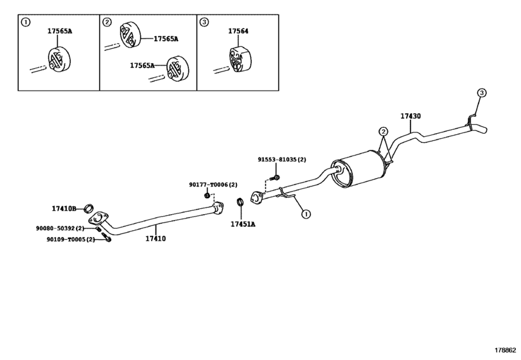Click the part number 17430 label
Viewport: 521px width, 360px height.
[411, 116]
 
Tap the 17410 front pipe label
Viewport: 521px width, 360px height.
[155, 239]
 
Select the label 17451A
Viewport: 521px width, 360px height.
[243, 224]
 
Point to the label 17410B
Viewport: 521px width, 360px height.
[64, 209]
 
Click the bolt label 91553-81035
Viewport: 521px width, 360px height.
[282, 159]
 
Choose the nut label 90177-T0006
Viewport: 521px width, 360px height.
[213, 184]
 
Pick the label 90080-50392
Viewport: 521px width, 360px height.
[60, 228]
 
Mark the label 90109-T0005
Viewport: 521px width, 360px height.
[71, 239]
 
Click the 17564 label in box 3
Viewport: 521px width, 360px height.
[238, 31]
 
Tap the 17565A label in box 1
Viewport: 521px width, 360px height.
[60, 31]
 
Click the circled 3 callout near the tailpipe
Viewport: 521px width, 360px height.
[481, 93]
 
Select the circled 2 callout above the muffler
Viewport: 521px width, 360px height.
[383, 132]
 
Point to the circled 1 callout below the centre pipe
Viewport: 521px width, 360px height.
[306, 214]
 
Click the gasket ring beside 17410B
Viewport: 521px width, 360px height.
[89, 208]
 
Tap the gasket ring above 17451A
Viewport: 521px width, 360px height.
[240, 201]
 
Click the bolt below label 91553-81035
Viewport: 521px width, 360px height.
[276, 177]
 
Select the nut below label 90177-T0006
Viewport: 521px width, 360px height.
[207, 195]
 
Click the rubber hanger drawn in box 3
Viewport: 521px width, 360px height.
[240, 60]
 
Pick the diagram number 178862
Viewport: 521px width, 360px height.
[505, 350]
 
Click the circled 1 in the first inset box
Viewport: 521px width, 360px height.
[25, 22]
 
